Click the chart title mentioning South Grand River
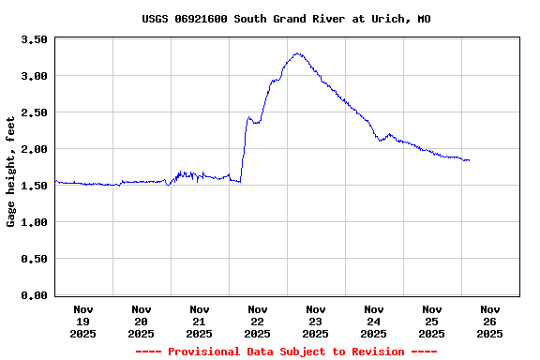pyautogui.click(x=286, y=19)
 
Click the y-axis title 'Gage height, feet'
pyautogui.click(x=11, y=172)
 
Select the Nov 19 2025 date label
pyautogui.click(x=83, y=321)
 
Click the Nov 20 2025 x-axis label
pyautogui.click(x=142, y=321)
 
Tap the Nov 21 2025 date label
pyautogui.click(x=200, y=321)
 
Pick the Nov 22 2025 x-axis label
pyautogui.click(x=258, y=321)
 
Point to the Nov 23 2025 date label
pyautogui.click(x=316, y=321)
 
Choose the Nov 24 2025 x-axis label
pyautogui.click(x=374, y=321)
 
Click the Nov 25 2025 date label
pyautogui.click(x=432, y=321)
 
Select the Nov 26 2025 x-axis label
pyautogui.click(x=490, y=321)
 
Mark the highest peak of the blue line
pyautogui.click(x=297, y=53)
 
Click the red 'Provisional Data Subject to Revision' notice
pyautogui.click(x=286, y=352)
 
